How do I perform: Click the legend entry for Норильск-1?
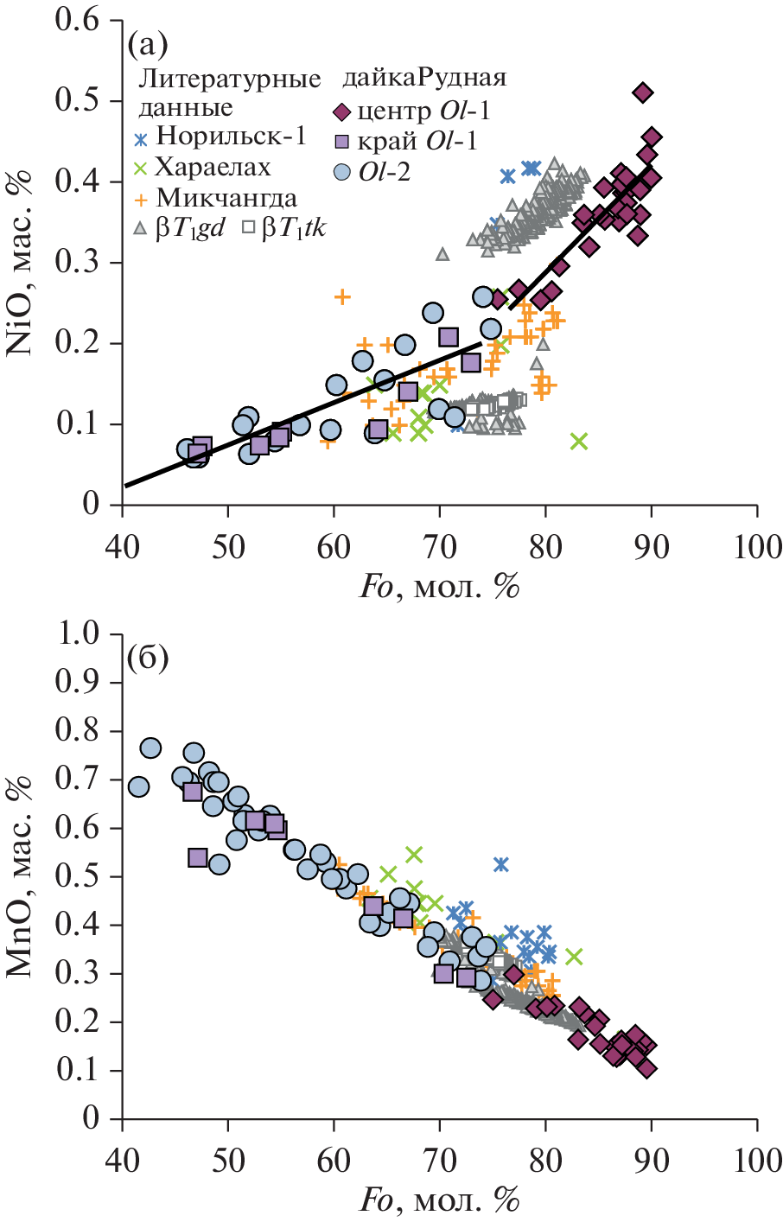coord(219,137)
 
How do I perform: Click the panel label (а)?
coord(147,42)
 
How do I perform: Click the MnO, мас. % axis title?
coord(21,877)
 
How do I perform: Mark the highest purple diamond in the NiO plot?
coord(642,92)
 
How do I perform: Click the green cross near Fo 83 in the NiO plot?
coord(579,442)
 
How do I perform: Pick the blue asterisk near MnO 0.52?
coord(500,864)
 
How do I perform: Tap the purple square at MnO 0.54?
coord(198,857)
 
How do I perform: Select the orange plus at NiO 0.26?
coord(342,296)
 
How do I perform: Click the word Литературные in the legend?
coord(230,80)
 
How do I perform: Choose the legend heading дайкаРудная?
coord(423,78)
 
